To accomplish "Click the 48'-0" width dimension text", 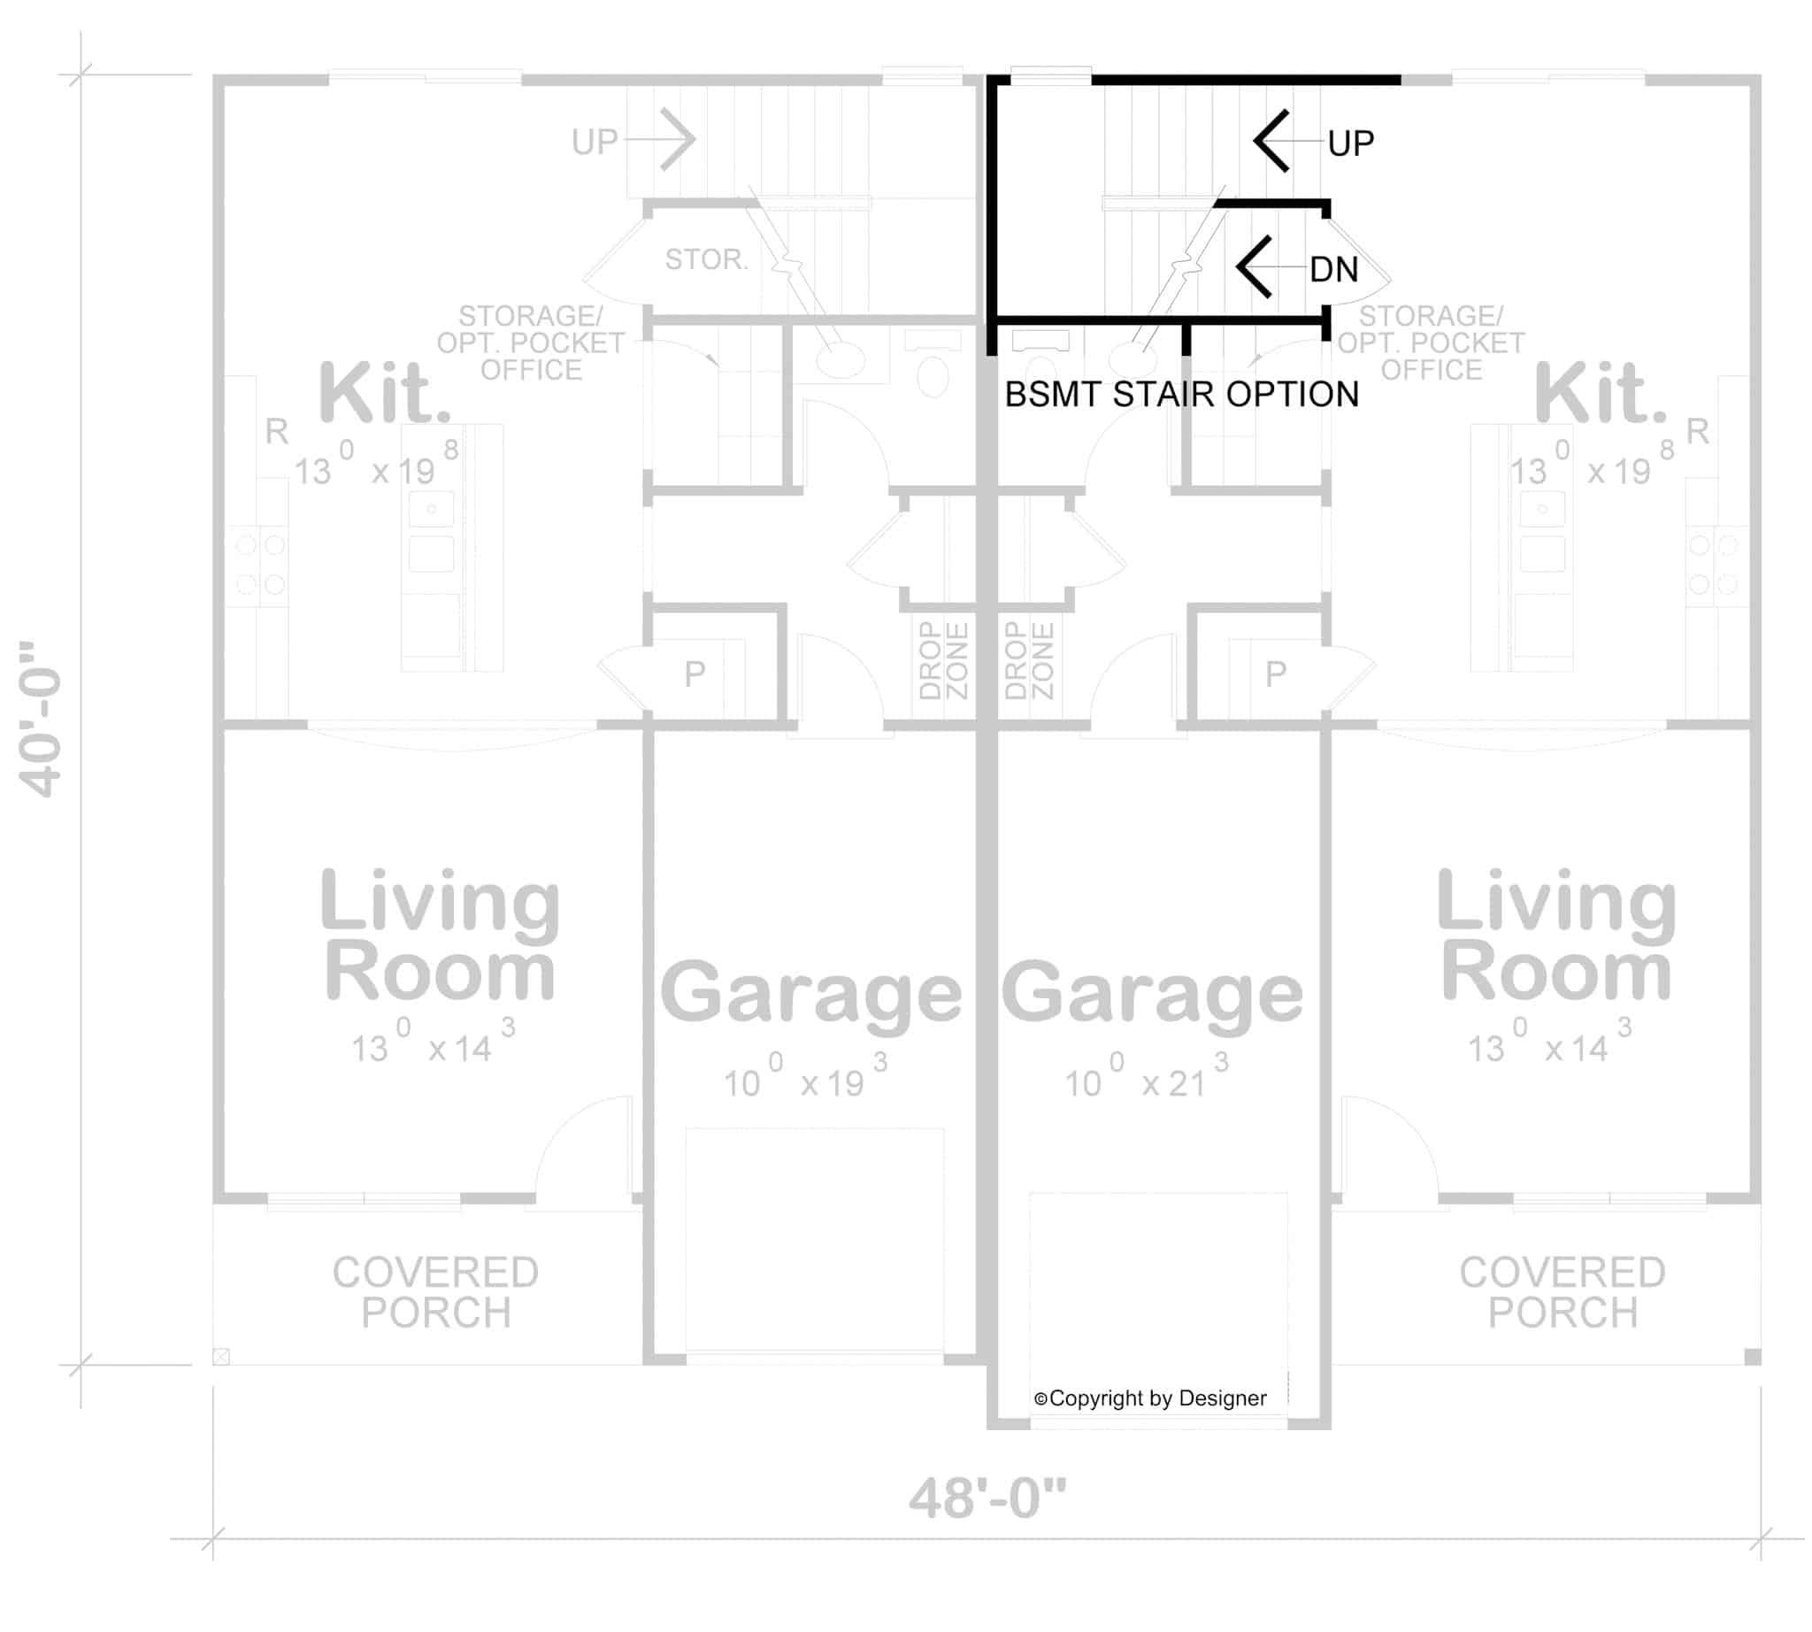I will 987,1497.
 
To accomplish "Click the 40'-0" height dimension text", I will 41,720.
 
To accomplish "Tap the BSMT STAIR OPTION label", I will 1181,395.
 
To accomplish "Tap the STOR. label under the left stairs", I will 706,259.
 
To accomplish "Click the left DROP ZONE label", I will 943,660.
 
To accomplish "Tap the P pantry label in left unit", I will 694,674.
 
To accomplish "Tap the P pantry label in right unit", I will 1275,674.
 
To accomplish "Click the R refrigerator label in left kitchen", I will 276,431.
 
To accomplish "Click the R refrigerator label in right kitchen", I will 1696,431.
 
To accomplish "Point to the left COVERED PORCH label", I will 435,1292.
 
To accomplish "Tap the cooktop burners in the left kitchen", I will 260,564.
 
